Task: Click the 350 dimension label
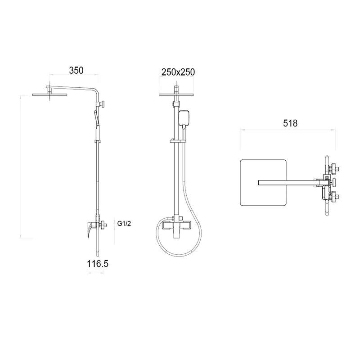(76, 71)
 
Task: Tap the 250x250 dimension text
(178, 72)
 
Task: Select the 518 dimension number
(290, 123)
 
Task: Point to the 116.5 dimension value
(97, 264)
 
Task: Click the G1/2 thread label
(124, 223)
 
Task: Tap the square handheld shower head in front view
(184, 119)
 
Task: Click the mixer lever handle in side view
(90, 229)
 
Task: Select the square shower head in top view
(263, 183)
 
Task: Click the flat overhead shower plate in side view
(49, 94)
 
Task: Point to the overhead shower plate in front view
(176, 94)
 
